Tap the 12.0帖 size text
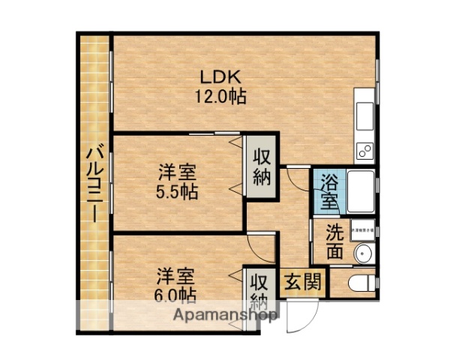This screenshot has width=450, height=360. click(x=218, y=97)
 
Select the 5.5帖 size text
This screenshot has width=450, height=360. click(x=177, y=192)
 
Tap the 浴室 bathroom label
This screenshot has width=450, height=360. click(x=329, y=191)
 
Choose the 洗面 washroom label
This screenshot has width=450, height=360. click(x=335, y=242)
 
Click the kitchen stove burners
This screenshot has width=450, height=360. click(x=364, y=151)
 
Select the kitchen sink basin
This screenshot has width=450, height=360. click(x=364, y=114)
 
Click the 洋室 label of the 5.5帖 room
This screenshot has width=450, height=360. click(x=177, y=172)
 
